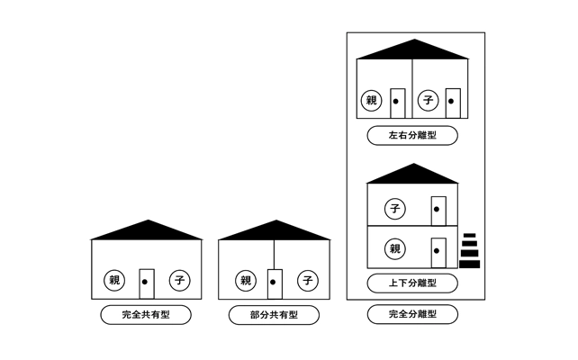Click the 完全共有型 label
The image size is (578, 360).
146,315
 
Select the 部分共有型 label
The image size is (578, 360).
274,315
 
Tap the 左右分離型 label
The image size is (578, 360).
412,136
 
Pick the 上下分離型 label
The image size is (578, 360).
412,283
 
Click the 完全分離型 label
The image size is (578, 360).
412,315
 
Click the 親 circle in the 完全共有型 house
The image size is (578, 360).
113,281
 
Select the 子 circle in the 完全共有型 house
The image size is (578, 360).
180,281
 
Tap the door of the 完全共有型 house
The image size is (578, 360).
147,283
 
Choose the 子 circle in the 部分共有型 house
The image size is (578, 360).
308,281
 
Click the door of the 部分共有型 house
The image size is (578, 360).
275,283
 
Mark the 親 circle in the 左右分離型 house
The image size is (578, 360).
370,101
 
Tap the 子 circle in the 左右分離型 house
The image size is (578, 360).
428,101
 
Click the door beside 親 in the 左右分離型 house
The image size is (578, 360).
397,103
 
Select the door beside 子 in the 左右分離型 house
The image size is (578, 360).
453,103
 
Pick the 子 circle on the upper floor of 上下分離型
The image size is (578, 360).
394,208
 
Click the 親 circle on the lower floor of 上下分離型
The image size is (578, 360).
394,247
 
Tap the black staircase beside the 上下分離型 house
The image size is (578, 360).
469,252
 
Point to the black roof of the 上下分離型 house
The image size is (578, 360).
412,175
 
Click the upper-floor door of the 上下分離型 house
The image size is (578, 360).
438,209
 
